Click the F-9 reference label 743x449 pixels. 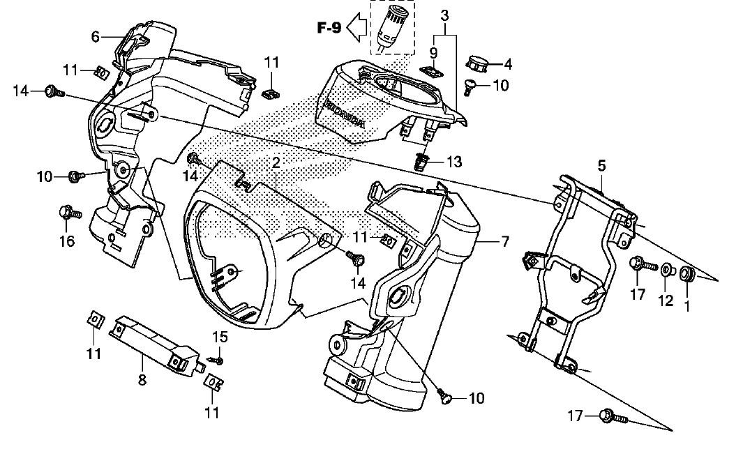pos(329,29)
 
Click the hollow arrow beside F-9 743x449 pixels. pos(357,28)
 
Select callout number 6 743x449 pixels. pos(96,36)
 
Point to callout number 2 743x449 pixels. pos(276,163)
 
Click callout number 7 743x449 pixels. pos(504,241)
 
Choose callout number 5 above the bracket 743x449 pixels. pos(601,166)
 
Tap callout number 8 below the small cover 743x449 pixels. pos(142,379)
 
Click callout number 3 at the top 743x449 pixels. pos(444,15)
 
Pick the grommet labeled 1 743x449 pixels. pos(686,274)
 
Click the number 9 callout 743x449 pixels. pos(433,52)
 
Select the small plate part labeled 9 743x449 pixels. pos(433,71)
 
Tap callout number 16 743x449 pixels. pos(67,241)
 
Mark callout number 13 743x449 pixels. pos(454,162)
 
